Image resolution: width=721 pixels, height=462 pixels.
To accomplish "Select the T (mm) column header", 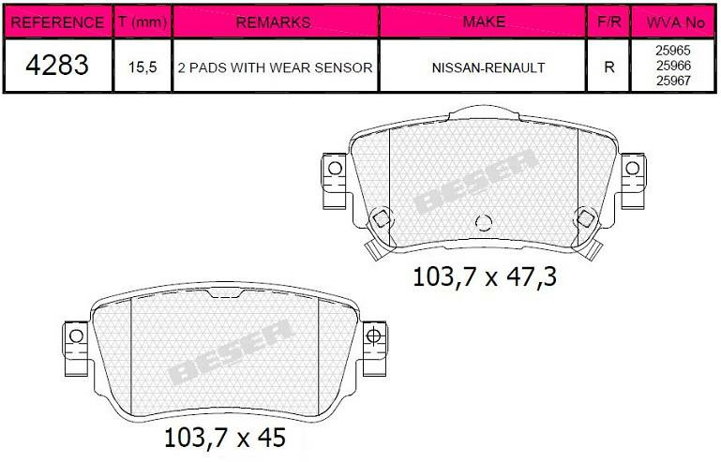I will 143,22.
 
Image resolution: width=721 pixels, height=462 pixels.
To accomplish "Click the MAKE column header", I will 483,22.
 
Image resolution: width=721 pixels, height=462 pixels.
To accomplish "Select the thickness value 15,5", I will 143,67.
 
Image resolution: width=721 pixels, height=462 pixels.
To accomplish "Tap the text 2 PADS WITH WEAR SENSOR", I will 274,67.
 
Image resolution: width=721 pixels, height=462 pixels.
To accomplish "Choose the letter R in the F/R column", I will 610,67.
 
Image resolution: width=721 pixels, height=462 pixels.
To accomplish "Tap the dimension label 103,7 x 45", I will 224,437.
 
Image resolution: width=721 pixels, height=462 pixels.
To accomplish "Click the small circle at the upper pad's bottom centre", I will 484,222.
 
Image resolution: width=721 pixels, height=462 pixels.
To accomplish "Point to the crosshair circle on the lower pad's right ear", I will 372,335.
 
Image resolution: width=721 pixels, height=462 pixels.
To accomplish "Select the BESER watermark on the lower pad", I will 231,351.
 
